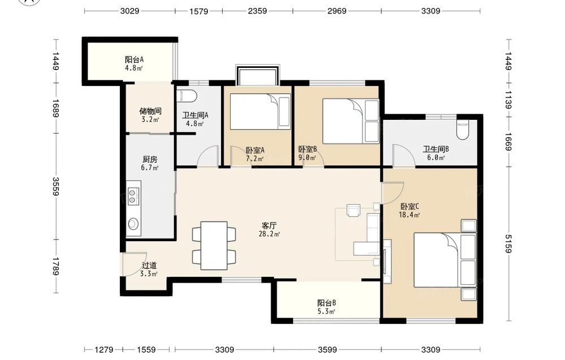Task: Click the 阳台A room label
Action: click(134, 59)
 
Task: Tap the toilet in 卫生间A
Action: click(188, 96)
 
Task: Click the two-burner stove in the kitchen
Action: click(132, 197)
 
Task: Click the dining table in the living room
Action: click(214, 245)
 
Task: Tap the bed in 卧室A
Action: click(260, 112)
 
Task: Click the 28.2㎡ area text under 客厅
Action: click(269, 234)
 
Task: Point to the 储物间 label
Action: click(150, 111)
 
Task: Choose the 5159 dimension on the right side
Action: click(508, 244)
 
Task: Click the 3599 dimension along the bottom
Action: click(327, 350)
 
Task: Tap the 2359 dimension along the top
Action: click(257, 11)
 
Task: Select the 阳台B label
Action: click(327, 303)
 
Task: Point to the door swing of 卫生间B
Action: click(403, 155)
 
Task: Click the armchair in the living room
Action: click(353, 210)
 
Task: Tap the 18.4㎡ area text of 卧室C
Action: click(409, 215)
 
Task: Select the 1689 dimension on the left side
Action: click(55, 108)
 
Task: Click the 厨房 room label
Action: click(150, 159)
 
